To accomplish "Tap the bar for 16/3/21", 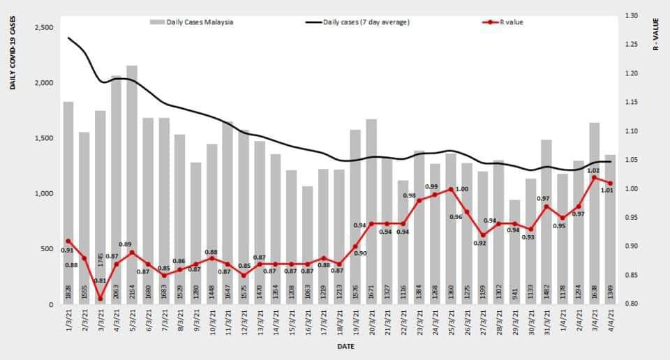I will point(307,245).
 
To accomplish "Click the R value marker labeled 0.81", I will point(100,299).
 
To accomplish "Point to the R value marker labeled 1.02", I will point(595,177).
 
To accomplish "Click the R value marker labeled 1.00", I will point(451,189).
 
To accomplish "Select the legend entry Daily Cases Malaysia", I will point(193,22).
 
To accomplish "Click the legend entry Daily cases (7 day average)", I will point(359,22).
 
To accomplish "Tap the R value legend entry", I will point(502,22).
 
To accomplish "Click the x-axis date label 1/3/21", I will point(68,324).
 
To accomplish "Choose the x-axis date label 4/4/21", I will point(610,324).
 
